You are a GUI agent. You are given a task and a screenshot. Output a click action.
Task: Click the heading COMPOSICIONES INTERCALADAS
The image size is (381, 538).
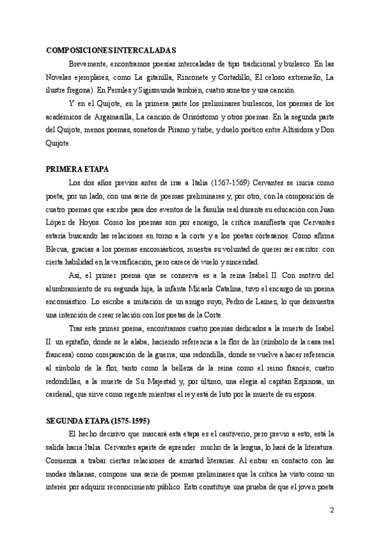(111, 50)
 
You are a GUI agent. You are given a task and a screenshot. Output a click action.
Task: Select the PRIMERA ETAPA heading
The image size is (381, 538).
(78, 170)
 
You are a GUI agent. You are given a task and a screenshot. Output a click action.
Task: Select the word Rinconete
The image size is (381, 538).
(196, 77)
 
